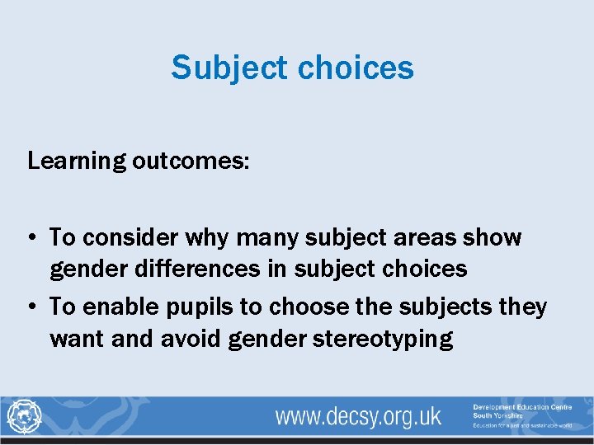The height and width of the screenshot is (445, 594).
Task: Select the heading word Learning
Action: (76, 161)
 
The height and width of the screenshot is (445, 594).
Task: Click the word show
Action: (493, 238)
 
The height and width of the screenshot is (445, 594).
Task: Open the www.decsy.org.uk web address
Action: (358, 416)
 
